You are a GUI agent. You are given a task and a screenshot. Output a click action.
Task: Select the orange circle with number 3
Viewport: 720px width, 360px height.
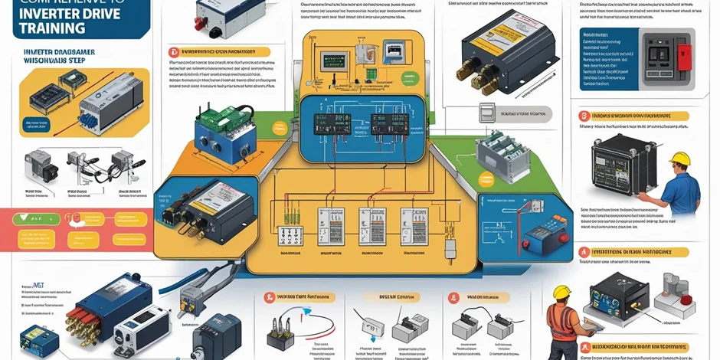point(584,116)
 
